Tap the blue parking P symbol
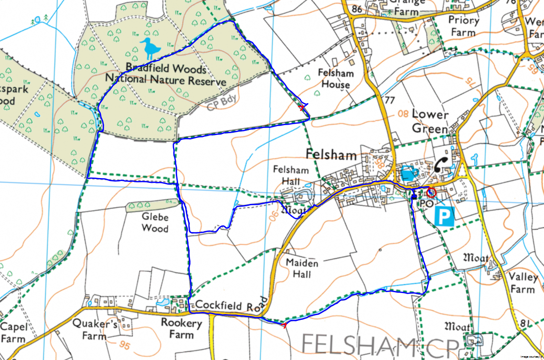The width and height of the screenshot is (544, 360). tap(444, 218)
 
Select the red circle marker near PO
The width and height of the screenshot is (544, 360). tap(431, 192)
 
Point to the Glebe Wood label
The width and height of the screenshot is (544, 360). tap(155, 222)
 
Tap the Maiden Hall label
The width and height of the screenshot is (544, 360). tap(302, 268)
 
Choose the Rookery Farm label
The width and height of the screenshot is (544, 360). tap(181, 328)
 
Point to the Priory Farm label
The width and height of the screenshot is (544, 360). tap(463, 26)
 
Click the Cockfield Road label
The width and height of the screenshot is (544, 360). tap(226, 306)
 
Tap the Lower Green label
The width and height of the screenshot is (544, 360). tap(430, 121)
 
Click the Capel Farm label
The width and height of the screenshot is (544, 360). tap(13, 333)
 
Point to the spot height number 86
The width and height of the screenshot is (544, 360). tap(356, 10)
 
